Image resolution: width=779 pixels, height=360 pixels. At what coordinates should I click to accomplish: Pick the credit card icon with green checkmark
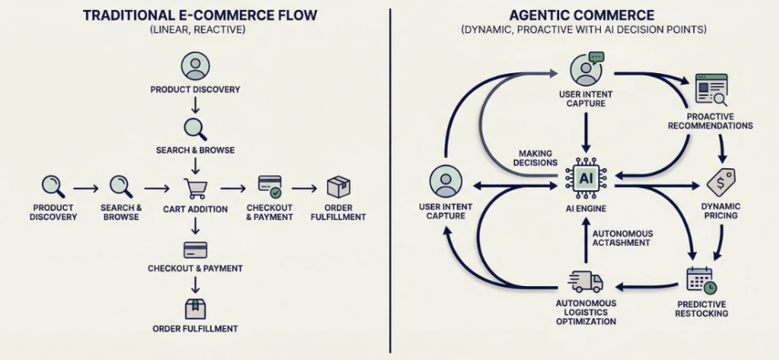point(269,186)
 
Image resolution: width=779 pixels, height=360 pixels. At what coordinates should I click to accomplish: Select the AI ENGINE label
point(587,208)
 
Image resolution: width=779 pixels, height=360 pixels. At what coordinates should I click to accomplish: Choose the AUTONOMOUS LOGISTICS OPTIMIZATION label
point(587,312)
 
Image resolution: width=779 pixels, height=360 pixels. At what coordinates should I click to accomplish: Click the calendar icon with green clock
point(701,279)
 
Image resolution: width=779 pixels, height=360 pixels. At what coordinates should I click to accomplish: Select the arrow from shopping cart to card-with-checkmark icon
point(232,187)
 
